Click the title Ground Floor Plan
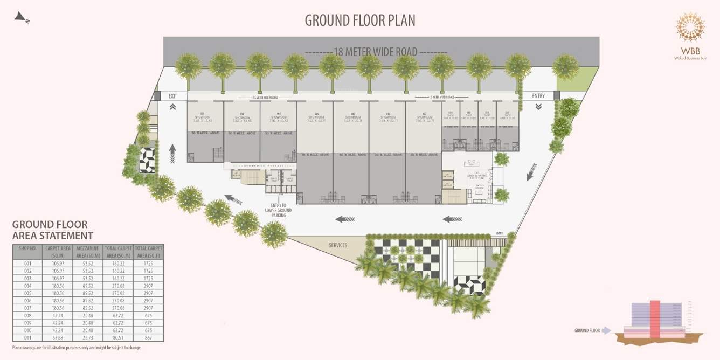coord(360,20)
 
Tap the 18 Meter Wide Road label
coord(376,52)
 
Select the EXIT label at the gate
coord(173,96)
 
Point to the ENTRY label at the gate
coord(538,96)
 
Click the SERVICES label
coord(338,245)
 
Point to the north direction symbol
coord(22,18)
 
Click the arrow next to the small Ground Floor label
coord(607,330)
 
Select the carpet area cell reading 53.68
coord(58,337)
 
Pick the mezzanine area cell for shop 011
coord(88,337)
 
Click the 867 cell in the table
coord(148,337)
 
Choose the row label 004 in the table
coord(27,286)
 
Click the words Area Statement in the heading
coord(53,236)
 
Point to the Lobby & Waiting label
coord(477,175)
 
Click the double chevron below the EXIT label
coord(173,107)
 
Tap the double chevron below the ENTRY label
coord(538,107)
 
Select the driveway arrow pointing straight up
coord(172,154)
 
